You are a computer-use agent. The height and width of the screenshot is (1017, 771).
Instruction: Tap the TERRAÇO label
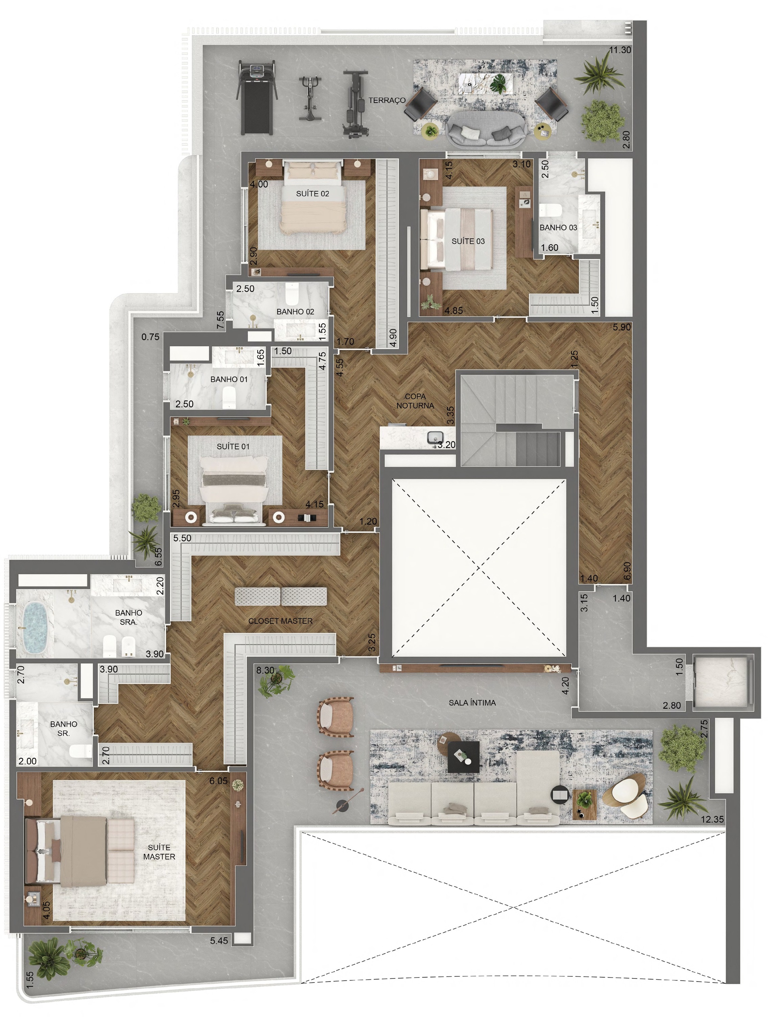[387, 100]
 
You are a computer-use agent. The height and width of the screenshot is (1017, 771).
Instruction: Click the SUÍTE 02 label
[312, 194]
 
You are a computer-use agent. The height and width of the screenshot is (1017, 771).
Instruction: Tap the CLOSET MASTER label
[280, 621]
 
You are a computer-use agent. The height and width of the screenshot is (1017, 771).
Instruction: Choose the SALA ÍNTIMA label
[472, 702]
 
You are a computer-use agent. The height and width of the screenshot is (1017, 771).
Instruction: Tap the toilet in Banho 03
[550, 210]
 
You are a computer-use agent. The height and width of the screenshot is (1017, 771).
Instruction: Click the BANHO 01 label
[229, 379]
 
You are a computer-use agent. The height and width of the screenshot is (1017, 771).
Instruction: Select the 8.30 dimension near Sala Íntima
[265, 670]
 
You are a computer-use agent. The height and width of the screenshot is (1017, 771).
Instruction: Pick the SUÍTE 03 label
[468, 241]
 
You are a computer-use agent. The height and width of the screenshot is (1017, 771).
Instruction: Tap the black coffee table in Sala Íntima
[464, 756]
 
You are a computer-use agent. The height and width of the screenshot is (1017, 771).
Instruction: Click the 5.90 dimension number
[622, 327]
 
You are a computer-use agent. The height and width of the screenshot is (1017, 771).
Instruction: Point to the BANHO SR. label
[64, 729]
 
